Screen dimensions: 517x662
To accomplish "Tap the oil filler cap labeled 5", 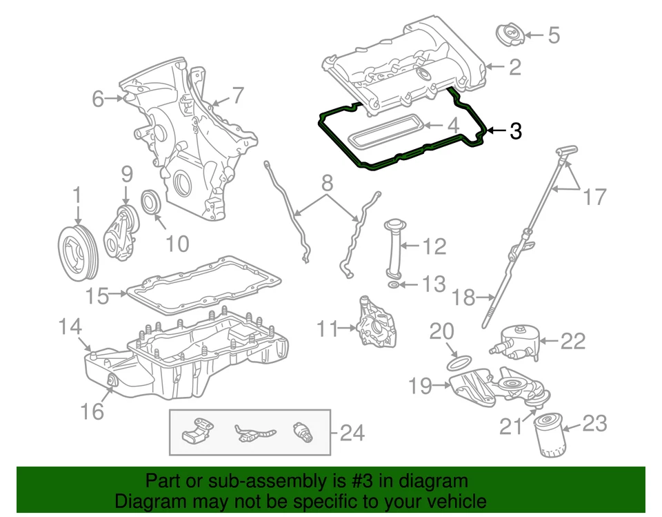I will tap(511, 34).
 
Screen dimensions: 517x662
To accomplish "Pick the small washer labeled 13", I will tap(392, 284).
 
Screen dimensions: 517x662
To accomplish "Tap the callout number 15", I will tap(97, 296).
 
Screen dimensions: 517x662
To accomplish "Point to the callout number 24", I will tap(352, 433).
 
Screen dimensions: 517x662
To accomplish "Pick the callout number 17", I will tap(594, 197).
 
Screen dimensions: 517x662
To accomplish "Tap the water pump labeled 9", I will tap(121, 231).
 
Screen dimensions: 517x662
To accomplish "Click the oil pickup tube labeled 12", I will tap(393, 248).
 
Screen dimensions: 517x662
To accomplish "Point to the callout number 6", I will tap(98, 99).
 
